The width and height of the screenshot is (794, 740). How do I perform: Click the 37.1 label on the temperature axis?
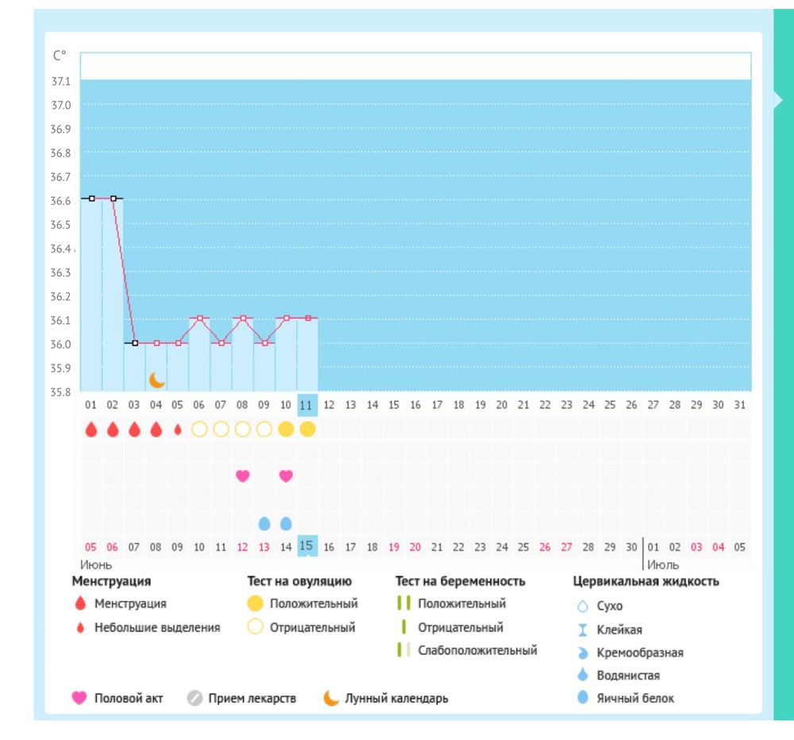pos(61,82)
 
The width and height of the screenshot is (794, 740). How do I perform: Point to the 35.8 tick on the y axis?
pos(61,392)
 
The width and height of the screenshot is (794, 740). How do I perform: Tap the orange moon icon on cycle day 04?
pos(157,380)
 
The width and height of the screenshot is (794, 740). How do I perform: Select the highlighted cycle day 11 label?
pos(307,405)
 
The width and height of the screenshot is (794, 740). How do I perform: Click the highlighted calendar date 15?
pos(307,547)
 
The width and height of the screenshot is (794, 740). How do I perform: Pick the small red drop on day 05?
pos(178,430)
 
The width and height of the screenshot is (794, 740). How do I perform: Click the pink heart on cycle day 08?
pos(243,476)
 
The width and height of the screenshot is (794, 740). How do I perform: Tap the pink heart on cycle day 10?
pos(286,476)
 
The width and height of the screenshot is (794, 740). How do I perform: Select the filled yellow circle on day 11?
pos(307,430)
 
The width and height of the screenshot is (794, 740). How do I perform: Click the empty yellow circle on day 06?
pos(199,430)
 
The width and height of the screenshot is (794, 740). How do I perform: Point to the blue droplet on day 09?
pos(264,523)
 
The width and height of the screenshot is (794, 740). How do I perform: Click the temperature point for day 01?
pos(92,198)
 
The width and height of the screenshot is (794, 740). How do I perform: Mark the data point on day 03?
pos(135,343)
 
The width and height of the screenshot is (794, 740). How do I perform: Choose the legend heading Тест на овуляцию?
pos(299,581)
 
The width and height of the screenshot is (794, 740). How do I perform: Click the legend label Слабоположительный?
pos(477,650)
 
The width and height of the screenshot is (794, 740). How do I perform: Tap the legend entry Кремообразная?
pos(640,653)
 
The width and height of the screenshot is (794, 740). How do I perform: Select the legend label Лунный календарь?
pos(396,699)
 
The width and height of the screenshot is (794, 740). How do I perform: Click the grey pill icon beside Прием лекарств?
pos(195,699)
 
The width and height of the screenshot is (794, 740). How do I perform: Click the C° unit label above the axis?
pos(60,56)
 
